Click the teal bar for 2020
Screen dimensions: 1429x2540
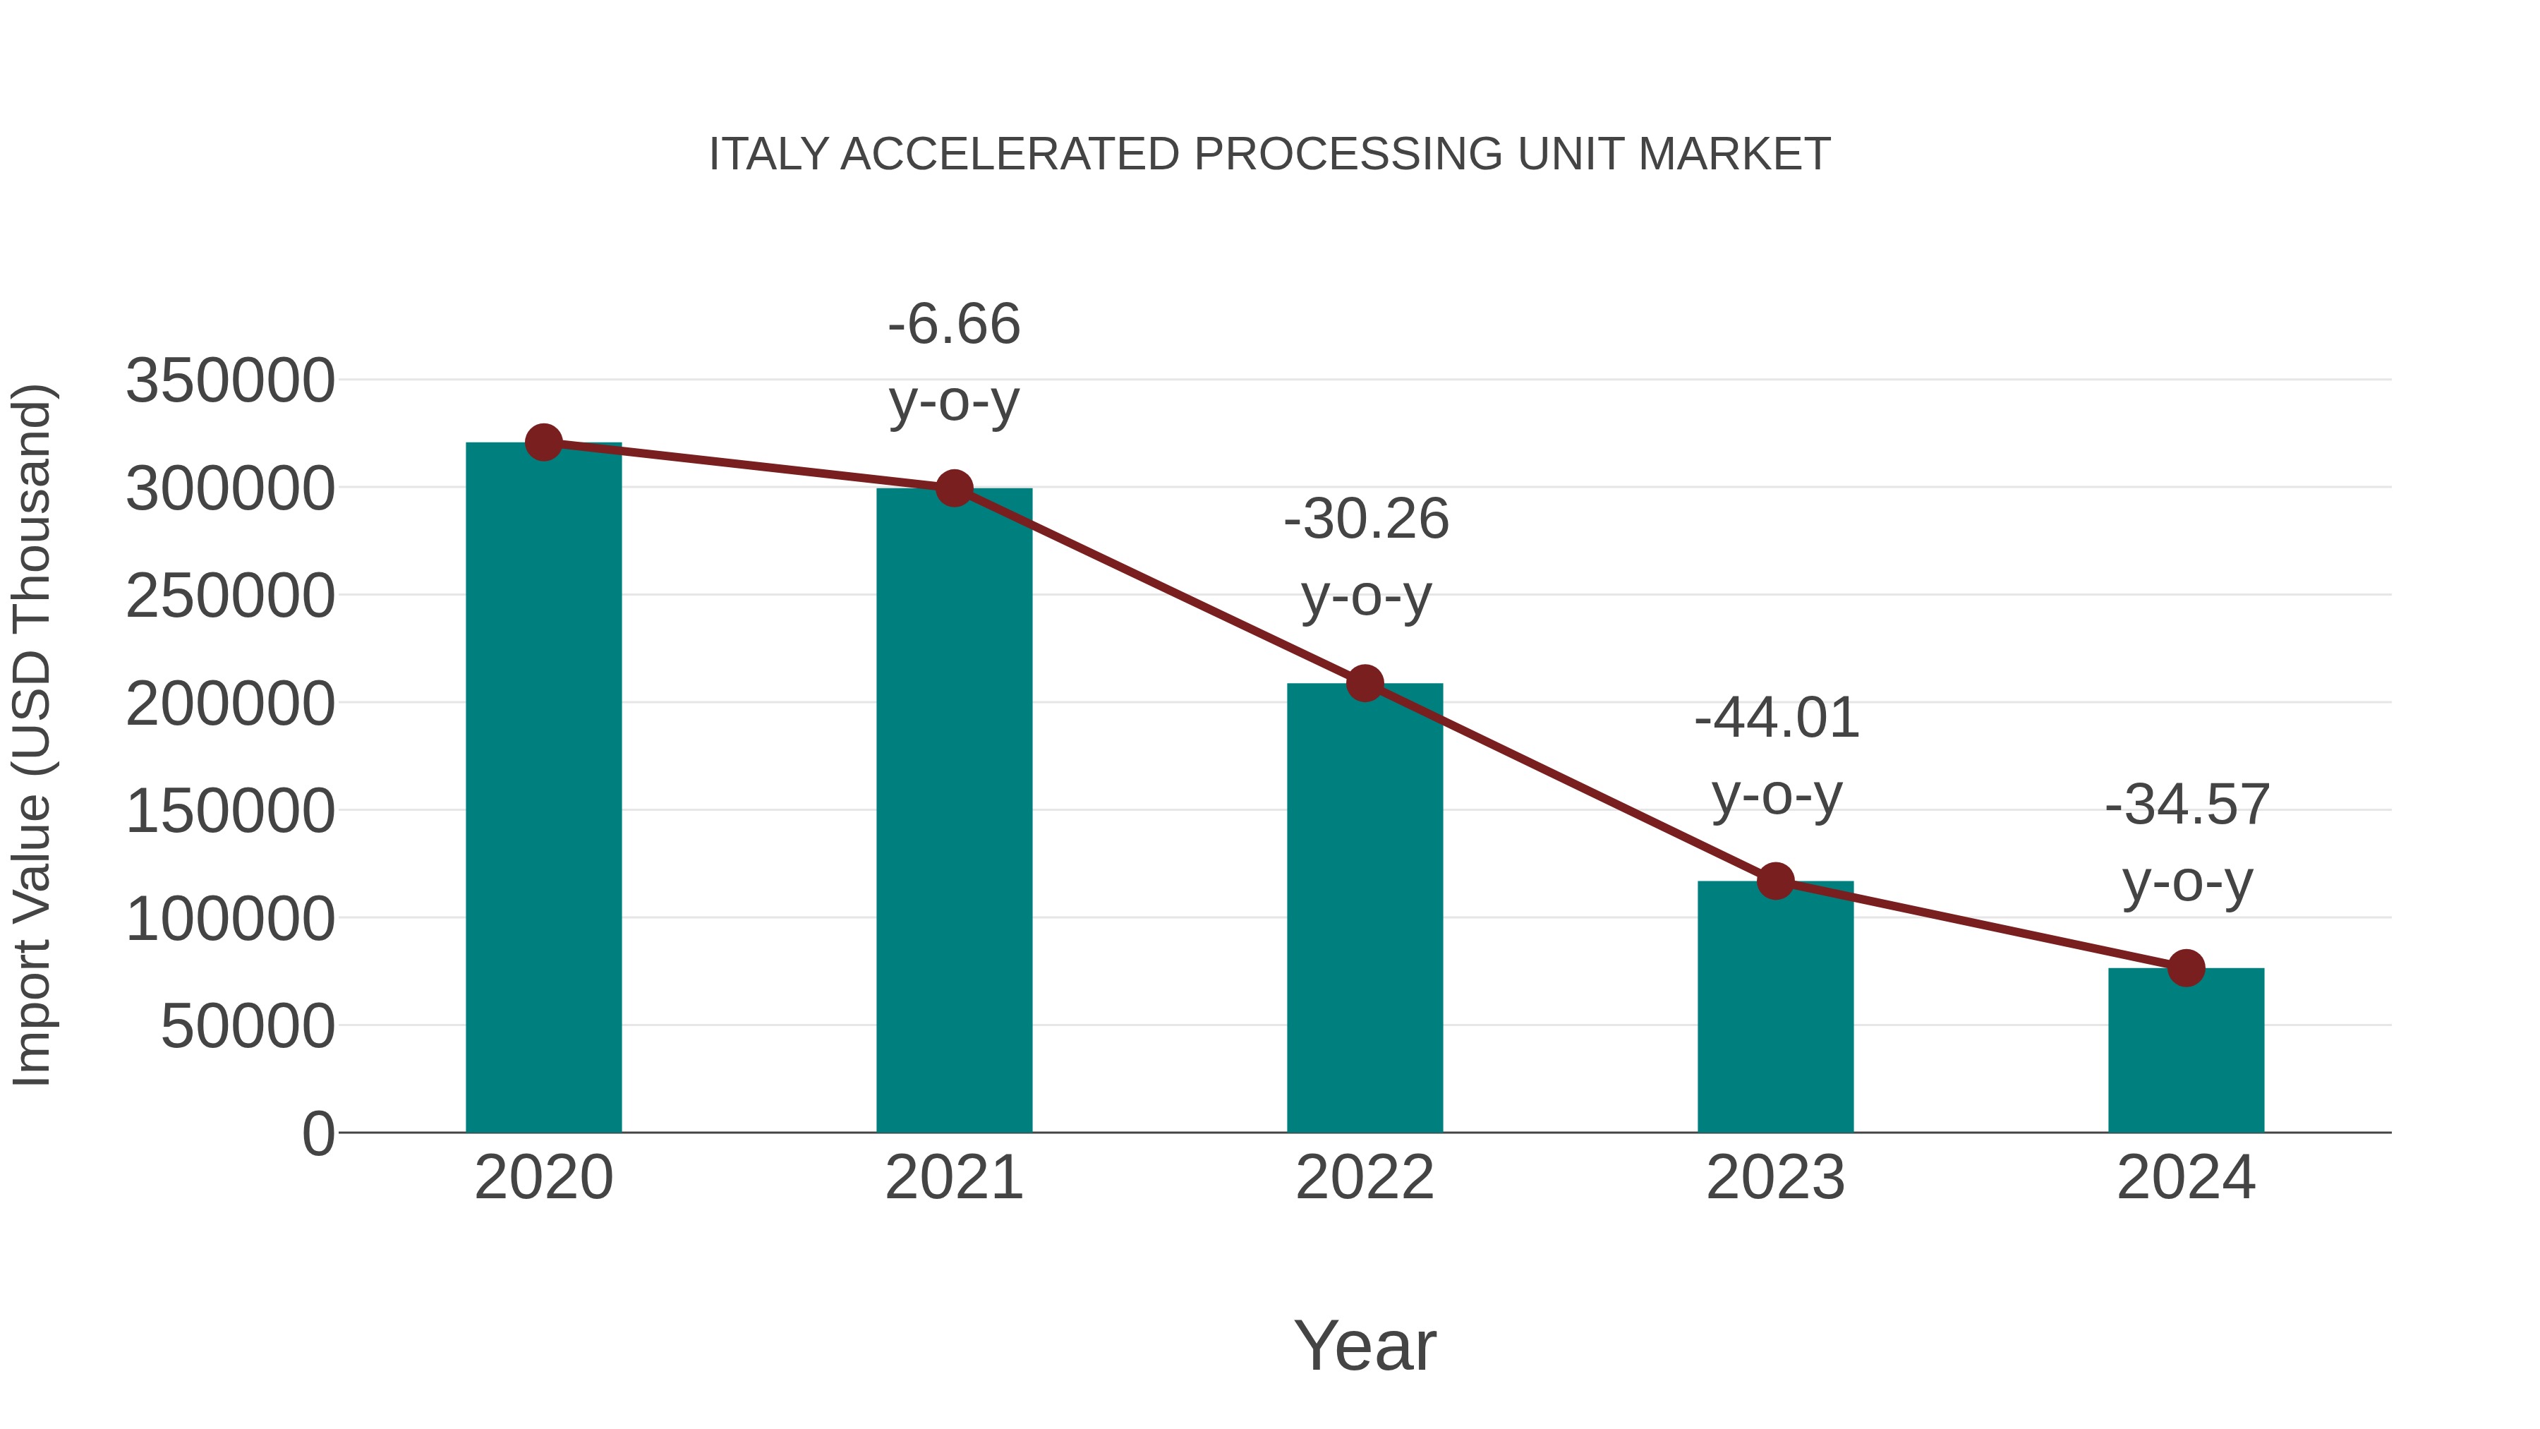click(x=543, y=789)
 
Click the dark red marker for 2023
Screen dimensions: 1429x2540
click(x=1775, y=881)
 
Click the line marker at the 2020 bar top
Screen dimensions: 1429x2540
click(x=543, y=442)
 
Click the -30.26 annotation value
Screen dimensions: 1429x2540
click(x=1366, y=519)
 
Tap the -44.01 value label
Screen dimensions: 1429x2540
click(x=1776, y=718)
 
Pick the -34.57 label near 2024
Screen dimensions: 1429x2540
click(x=2187, y=804)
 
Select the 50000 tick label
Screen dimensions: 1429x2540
click(x=248, y=1027)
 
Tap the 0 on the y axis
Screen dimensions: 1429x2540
click(x=317, y=1133)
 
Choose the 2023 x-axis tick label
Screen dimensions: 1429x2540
click(x=1775, y=1178)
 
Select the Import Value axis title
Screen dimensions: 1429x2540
click(x=32, y=735)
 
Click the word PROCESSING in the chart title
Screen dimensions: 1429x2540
click(x=1348, y=155)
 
